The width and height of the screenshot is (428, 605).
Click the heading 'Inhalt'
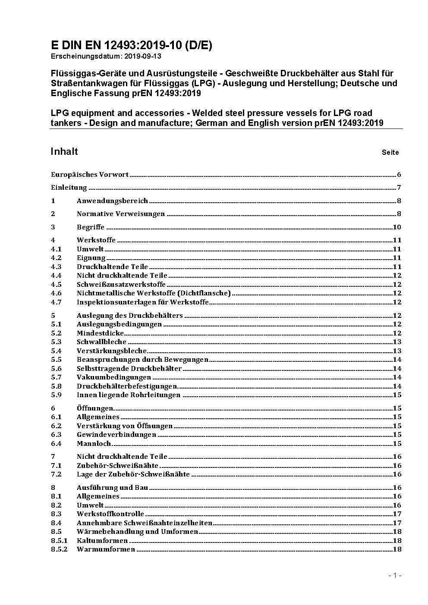[64, 151]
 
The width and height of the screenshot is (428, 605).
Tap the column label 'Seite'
[390, 152]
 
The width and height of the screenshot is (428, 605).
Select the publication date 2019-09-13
[142, 56]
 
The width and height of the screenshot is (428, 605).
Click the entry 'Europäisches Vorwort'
[90, 175]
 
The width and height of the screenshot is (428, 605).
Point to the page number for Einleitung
[399, 188]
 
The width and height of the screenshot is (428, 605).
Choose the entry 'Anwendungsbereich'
[112, 201]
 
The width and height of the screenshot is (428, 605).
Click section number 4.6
[56, 293]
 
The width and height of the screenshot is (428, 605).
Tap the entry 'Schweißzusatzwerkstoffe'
[121, 285]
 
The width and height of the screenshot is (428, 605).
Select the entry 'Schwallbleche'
[101, 342]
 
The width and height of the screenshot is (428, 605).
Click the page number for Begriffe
[397, 227]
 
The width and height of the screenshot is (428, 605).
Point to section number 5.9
[56, 395]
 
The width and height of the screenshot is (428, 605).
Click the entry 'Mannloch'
[94, 443]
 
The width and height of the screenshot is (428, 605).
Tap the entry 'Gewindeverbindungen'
[116, 435]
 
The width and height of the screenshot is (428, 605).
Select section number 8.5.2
[59, 549]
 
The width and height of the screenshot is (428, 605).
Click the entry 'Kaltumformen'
[102, 541]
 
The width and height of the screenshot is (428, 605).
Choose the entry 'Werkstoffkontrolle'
[110, 514]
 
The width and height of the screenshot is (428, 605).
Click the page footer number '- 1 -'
[395, 575]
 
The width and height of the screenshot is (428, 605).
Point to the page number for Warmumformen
[397, 549]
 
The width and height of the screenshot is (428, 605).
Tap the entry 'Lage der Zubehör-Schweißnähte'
[133, 474]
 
